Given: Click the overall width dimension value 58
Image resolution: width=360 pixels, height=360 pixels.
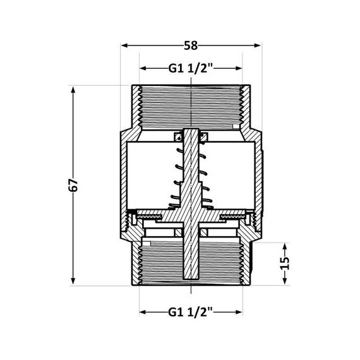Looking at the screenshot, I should click(x=191, y=45).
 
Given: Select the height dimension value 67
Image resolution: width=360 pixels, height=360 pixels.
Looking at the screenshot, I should click(x=73, y=185).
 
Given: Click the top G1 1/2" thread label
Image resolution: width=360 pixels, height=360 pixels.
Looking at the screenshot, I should click(x=191, y=68).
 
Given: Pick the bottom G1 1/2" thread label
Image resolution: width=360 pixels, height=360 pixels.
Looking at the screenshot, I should click(x=191, y=311).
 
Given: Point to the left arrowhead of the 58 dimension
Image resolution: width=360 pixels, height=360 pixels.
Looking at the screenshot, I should click(x=124, y=45).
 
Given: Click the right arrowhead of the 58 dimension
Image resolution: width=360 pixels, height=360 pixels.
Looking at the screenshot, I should click(x=258, y=45).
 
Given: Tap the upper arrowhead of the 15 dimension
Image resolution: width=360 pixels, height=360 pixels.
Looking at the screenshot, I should click(x=285, y=243).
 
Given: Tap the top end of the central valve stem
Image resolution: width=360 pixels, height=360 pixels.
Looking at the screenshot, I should click(x=191, y=132).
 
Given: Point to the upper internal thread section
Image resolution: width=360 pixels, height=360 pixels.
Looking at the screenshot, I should click(x=191, y=104).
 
